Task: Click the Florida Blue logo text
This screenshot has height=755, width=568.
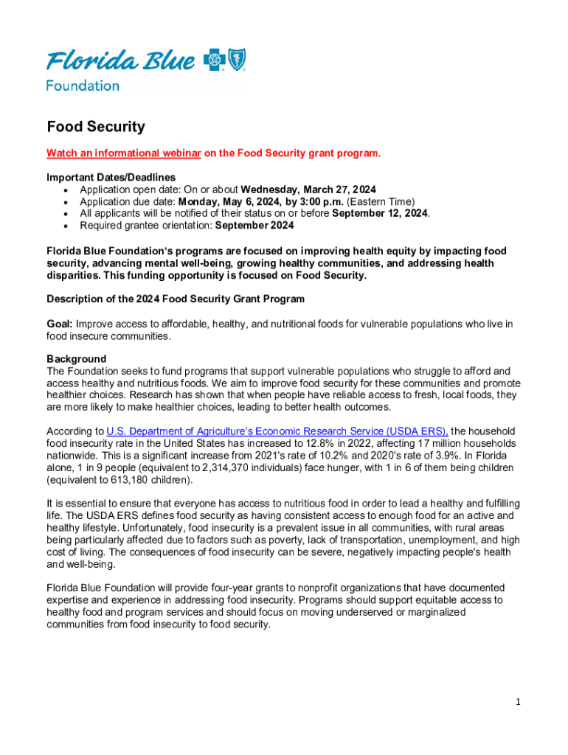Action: pyautogui.click(x=122, y=60)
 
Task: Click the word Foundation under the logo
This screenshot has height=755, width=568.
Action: pyautogui.click(x=83, y=86)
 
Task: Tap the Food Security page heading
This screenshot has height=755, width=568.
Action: pyautogui.click(x=96, y=127)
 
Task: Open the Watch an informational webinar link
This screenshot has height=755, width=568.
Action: pyautogui.click(x=124, y=153)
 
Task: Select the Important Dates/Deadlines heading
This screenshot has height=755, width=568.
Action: pyautogui.click(x=111, y=178)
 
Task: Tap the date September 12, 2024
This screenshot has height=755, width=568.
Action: pyautogui.click(x=380, y=214)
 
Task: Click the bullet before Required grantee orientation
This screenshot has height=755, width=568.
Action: pyautogui.click(x=67, y=226)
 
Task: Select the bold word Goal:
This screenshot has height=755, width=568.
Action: pyautogui.click(x=60, y=324)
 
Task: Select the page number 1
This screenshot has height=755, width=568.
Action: pyautogui.click(x=518, y=702)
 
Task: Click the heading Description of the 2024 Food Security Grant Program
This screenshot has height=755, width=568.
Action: pyautogui.click(x=176, y=299)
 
